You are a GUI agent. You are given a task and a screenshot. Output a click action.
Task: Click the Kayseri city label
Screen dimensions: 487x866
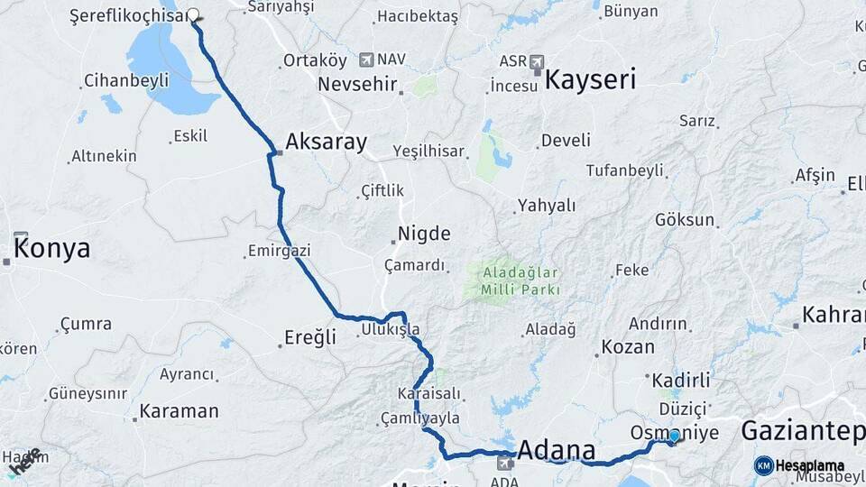[590, 79]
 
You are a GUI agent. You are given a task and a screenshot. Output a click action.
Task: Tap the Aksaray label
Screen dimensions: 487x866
[326, 142]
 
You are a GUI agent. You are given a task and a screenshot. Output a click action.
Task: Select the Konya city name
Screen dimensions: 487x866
[52, 248]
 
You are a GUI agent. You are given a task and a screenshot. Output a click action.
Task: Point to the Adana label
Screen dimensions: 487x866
[556, 449]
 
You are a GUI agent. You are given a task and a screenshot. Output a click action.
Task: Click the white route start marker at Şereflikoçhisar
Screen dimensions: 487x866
[192, 14]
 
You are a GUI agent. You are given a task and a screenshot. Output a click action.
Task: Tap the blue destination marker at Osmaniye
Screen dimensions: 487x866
[674, 436]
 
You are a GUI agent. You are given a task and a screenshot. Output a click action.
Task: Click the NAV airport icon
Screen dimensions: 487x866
[366, 60]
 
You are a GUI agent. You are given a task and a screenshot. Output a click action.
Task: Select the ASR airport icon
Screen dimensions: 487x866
[538, 61]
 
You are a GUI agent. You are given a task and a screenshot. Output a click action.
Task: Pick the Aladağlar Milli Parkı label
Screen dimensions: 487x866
[521, 280]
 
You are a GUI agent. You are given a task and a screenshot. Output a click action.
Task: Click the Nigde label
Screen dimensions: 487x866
[424, 234]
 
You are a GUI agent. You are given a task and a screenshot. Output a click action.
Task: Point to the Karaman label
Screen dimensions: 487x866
[178, 411]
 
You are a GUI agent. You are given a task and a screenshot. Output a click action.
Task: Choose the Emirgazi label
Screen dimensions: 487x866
[281, 250]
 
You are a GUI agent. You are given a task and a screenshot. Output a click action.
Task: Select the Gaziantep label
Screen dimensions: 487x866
[802, 431]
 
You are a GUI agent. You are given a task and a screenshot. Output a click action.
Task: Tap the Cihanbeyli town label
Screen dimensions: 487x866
[126, 80]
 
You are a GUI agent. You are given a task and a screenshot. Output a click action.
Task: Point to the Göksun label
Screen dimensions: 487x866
[685, 219]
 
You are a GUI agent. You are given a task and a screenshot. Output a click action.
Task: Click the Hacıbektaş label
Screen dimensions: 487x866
[418, 16]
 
